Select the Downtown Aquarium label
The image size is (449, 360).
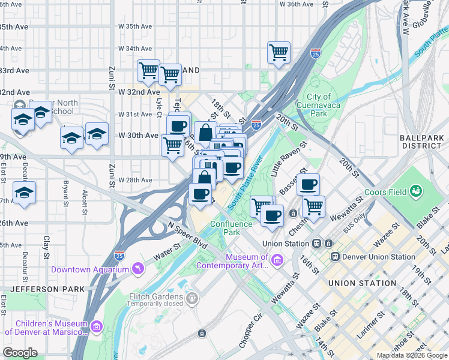90,269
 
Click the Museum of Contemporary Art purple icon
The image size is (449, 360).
277,260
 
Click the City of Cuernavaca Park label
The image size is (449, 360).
319,104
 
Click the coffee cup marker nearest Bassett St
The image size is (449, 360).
309,184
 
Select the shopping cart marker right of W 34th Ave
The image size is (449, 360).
279,53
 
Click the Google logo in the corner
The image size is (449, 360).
20,353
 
